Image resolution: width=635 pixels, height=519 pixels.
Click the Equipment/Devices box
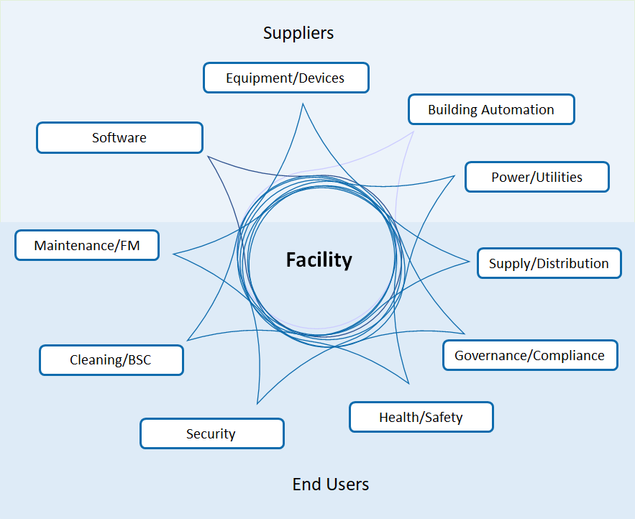(285, 78)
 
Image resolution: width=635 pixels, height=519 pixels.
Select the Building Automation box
(491, 110)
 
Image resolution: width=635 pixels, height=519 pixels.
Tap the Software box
(119, 137)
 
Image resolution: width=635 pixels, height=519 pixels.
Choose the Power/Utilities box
(536, 177)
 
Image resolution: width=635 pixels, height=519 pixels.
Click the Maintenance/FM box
(86, 245)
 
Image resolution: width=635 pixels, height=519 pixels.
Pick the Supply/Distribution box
(549, 263)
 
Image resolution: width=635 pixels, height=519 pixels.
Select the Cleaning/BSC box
(111, 360)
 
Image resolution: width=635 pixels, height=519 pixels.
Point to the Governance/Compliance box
(530, 355)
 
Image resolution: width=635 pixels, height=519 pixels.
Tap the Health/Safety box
(421, 417)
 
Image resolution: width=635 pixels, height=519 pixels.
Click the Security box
(211, 433)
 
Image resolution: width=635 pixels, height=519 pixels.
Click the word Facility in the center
(319, 259)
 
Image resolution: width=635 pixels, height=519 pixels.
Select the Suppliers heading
(298, 32)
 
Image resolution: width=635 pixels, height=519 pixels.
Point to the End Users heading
(331, 484)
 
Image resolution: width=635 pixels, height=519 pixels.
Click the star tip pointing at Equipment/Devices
(303, 104)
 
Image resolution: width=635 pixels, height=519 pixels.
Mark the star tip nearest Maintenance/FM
(173, 254)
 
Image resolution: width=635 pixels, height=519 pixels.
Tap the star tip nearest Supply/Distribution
(470, 259)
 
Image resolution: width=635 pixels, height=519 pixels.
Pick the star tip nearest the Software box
(208, 156)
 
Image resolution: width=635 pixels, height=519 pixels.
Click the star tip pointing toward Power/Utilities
(454, 175)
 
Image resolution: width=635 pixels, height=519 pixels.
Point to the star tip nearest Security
(257, 403)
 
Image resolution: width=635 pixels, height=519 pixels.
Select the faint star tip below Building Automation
(414, 132)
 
